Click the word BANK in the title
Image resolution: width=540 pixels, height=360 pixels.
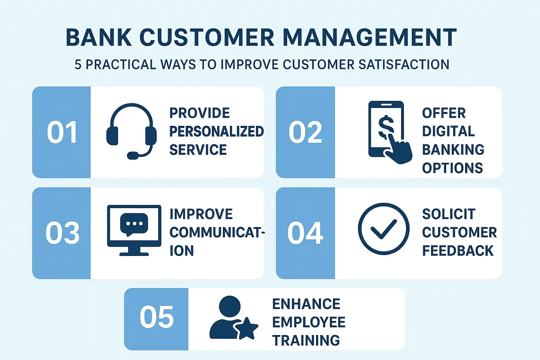point(98,37)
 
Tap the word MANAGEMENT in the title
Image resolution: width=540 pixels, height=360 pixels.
point(369,37)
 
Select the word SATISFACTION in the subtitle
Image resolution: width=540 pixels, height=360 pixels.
point(404,64)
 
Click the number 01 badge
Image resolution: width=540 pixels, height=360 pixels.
point(62,132)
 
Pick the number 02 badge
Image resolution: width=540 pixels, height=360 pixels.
point(306,132)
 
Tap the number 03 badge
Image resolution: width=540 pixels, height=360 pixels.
point(62,233)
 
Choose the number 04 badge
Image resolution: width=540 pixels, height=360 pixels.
point(306,233)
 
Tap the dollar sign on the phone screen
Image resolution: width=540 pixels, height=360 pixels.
point(386,127)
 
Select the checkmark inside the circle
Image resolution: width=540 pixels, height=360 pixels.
point(383,229)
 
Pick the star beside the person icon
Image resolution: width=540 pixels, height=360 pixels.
point(246,328)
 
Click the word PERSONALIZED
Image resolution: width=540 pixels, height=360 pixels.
point(217,131)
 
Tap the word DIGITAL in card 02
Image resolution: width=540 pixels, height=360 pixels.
point(448,131)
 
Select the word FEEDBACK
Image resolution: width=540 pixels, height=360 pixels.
point(458,251)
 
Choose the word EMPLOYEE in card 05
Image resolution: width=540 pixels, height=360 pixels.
point(309,322)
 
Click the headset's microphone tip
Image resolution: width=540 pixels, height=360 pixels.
point(133,155)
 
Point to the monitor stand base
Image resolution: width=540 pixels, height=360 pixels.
point(134,254)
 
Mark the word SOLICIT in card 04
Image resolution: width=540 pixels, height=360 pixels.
point(449,214)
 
